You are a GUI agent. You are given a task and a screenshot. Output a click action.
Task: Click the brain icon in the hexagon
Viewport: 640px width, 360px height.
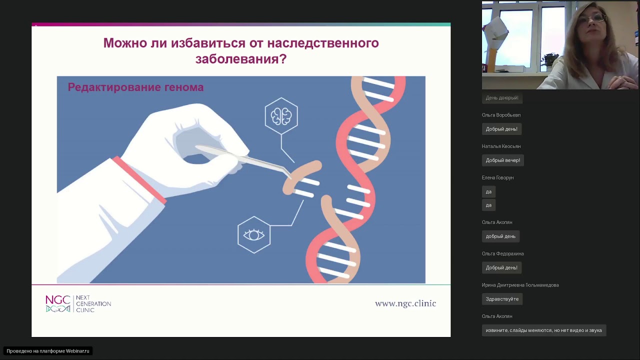click(281, 116)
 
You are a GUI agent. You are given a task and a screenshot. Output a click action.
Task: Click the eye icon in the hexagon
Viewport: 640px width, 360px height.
click(253, 235)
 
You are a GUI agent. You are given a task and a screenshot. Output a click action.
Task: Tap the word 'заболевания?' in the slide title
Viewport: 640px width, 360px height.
click(241, 59)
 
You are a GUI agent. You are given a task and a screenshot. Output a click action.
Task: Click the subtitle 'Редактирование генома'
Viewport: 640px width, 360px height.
click(135, 87)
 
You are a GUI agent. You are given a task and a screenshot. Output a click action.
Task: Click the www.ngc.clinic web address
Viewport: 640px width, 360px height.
click(405, 303)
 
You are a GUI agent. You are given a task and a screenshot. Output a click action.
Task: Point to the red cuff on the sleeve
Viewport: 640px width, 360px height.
click(139, 180)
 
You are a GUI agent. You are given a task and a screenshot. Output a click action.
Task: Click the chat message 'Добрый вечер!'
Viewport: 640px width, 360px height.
click(503, 160)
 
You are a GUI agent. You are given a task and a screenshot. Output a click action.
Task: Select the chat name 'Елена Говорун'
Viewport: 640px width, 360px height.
click(497, 177)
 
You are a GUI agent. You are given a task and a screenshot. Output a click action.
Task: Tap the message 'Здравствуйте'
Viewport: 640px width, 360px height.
click(502, 299)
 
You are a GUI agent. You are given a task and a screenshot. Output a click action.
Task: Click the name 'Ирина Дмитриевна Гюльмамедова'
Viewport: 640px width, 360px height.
click(520, 285)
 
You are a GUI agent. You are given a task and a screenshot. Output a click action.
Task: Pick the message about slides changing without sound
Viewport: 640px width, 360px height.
click(544, 330)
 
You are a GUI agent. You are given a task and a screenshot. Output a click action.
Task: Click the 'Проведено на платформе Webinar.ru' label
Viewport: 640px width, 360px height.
click(48, 351)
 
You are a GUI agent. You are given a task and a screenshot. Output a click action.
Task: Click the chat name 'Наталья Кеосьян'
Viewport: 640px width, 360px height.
click(501, 146)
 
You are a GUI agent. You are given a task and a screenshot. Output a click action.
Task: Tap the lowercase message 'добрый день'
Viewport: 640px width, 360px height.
click(500, 236)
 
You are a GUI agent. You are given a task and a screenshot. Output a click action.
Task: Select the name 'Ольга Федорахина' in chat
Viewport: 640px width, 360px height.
click(503, 253)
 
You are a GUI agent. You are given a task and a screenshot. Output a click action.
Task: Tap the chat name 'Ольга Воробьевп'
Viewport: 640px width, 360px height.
click(501, 115)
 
